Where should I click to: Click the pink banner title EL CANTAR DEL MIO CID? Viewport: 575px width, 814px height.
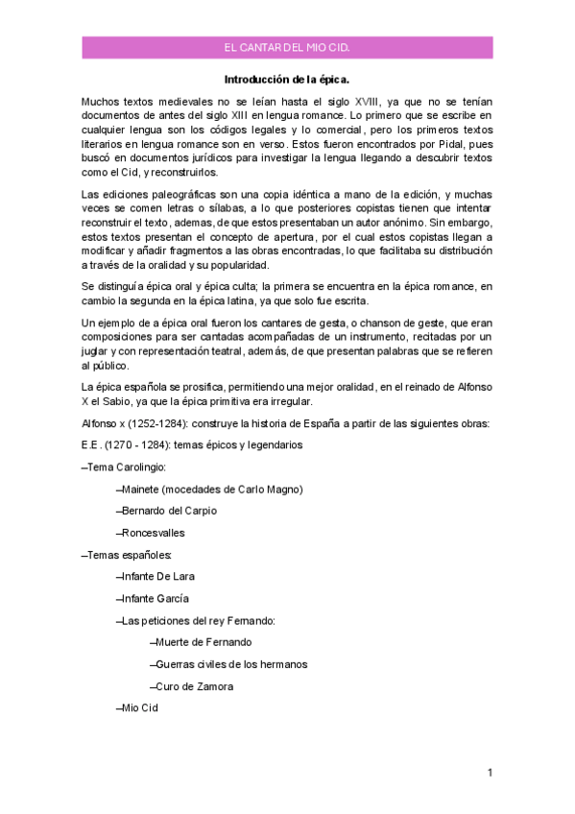[x=286, y=47]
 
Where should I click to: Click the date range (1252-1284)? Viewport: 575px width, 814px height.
[x=158, y=424]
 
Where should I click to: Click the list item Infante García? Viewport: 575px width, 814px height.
[x=155, y=598]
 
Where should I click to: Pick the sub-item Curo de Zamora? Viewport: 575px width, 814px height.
[x=194, y=686]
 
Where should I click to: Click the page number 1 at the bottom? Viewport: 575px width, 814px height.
[x=490, y=772]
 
